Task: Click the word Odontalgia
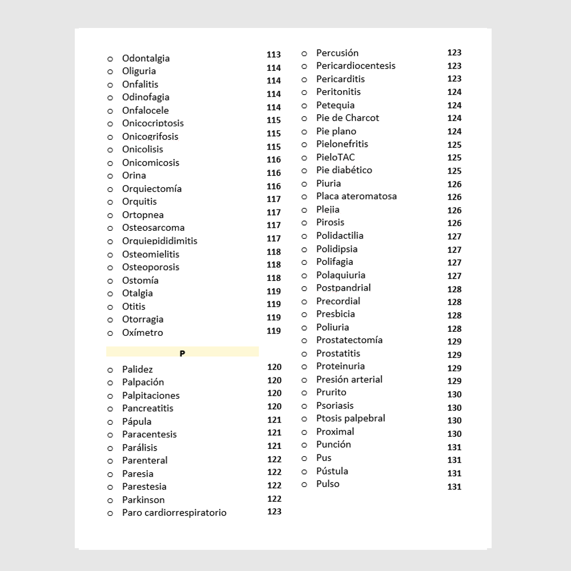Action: tap(146, 58)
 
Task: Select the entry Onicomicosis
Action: tap(151, 163)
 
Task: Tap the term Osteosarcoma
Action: tap(154, 228)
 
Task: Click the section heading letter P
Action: tap(182, 353)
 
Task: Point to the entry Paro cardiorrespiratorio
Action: tap(174, 513)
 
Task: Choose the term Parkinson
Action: tap(143, 500)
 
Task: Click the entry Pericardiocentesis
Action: tap(356, 66)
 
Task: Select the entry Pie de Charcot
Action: tap(348, 118)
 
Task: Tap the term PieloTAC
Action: tap(336, 157)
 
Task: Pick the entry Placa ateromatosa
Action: tap(356, 196)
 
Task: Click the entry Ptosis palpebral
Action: tap(351, 418)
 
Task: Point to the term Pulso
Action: tap(328, 484)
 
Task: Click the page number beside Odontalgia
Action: tap(274, 55)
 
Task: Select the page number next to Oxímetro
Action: tap(274, 331)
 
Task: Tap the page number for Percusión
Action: tap(455, 53)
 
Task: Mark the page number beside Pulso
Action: tap(455, 486)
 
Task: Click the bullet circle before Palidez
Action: tap(110, 370)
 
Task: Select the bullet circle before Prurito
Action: tap(304, 393)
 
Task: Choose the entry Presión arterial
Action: tap(349, 379)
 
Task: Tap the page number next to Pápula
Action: tap(275, 420)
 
